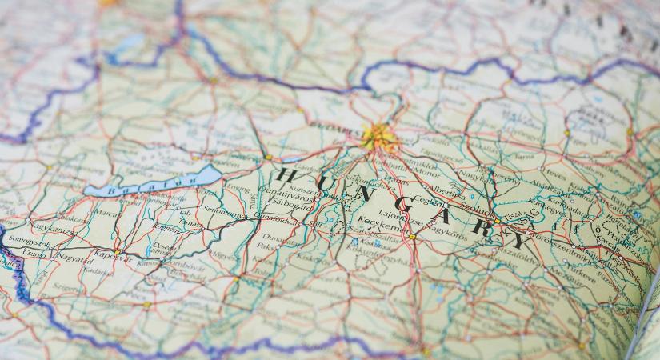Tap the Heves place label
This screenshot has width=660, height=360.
pos(553,171)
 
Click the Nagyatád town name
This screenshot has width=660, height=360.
pos(74,258)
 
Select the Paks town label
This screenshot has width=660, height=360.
pos(265,246)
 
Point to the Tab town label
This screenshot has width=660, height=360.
pos(185,213)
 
